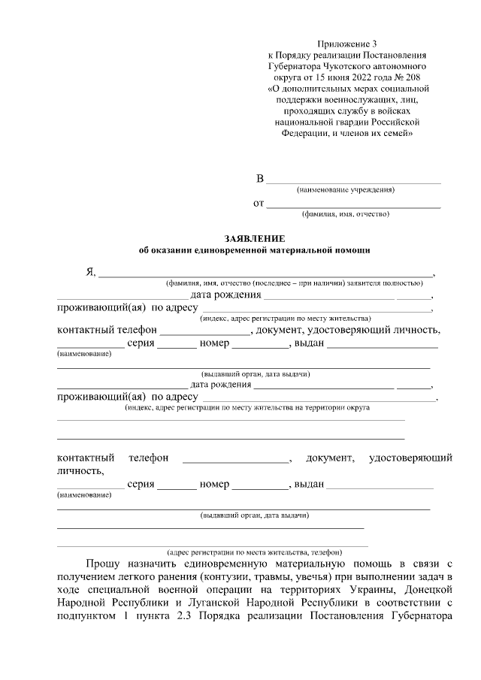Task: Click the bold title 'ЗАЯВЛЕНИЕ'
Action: [250, 237]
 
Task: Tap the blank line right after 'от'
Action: [354, 205]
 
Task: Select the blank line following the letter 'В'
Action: [354, 181]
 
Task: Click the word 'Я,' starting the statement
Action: [91, 271]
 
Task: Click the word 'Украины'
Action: [363, 590]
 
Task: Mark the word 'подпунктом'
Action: [88, 618]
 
